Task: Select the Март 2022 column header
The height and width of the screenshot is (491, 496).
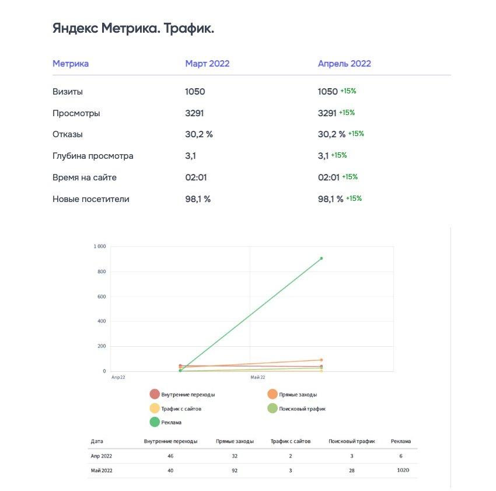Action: click(x=207, y=64)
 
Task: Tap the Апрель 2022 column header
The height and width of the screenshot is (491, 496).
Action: click(x=344, y=64)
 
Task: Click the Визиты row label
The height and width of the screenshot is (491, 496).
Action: click(x=68, y=92)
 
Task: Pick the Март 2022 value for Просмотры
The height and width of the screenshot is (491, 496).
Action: click(x=194, y=113)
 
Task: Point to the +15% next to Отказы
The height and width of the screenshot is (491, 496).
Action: click(x=356, y=134)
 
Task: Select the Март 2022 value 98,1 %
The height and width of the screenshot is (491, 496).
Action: click(x=198, y=199)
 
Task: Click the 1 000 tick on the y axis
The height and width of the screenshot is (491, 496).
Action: click(x=99, y=246)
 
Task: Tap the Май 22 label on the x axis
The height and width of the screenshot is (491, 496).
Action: click(x=258, y=378)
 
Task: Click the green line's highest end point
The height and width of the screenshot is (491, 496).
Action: click(x=321, y=258)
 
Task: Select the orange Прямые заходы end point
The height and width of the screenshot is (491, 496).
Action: click(x=321, y=360)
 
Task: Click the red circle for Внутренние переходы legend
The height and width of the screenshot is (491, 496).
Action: click(x=155, y=394)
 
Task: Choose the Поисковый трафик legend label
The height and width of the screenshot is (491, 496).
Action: click(x=302, y=409)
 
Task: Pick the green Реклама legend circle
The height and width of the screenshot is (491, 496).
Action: click(x=155, y=422)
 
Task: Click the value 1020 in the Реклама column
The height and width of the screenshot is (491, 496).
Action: click(x=403, y=471)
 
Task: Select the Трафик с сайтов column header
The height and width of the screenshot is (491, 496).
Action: click(x=290, y=441)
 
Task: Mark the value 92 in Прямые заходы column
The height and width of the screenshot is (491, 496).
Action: click(x=234, y=471)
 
